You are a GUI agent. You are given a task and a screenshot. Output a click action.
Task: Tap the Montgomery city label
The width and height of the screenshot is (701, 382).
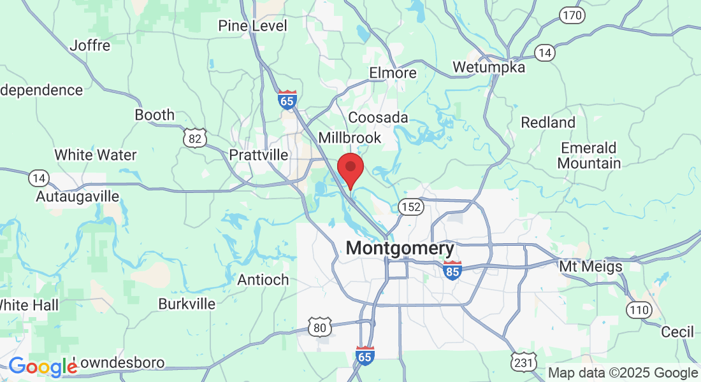(400, 248)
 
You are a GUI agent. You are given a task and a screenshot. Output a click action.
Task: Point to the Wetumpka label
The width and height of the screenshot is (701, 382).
(489, 67)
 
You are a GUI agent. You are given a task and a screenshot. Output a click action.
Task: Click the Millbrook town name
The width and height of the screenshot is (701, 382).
(349, 138)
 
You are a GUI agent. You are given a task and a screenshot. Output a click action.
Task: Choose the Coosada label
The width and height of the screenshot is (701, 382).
(378, 118)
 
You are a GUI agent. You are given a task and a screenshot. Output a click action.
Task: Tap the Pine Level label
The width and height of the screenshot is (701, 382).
(252, 25)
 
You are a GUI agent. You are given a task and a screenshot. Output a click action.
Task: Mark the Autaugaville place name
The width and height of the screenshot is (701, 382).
(77, 196)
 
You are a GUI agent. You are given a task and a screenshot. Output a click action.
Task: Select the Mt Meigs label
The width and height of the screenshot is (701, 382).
(591, 266)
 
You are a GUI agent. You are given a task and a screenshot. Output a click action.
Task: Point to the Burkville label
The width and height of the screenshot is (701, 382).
(187, 304)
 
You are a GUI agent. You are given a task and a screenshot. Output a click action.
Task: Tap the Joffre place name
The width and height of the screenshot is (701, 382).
(90, 45)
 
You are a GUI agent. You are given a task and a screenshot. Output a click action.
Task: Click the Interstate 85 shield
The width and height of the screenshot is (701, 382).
(452, 269)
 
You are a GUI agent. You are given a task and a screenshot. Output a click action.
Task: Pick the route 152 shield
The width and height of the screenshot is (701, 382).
(411, 206)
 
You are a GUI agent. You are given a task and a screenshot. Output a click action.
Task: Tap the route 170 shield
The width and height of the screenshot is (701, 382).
(572, 15)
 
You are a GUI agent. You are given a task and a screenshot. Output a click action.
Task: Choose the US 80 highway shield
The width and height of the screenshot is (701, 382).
(319, 327)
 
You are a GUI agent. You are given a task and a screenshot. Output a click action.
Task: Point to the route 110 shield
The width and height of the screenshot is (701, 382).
(639, 310)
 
